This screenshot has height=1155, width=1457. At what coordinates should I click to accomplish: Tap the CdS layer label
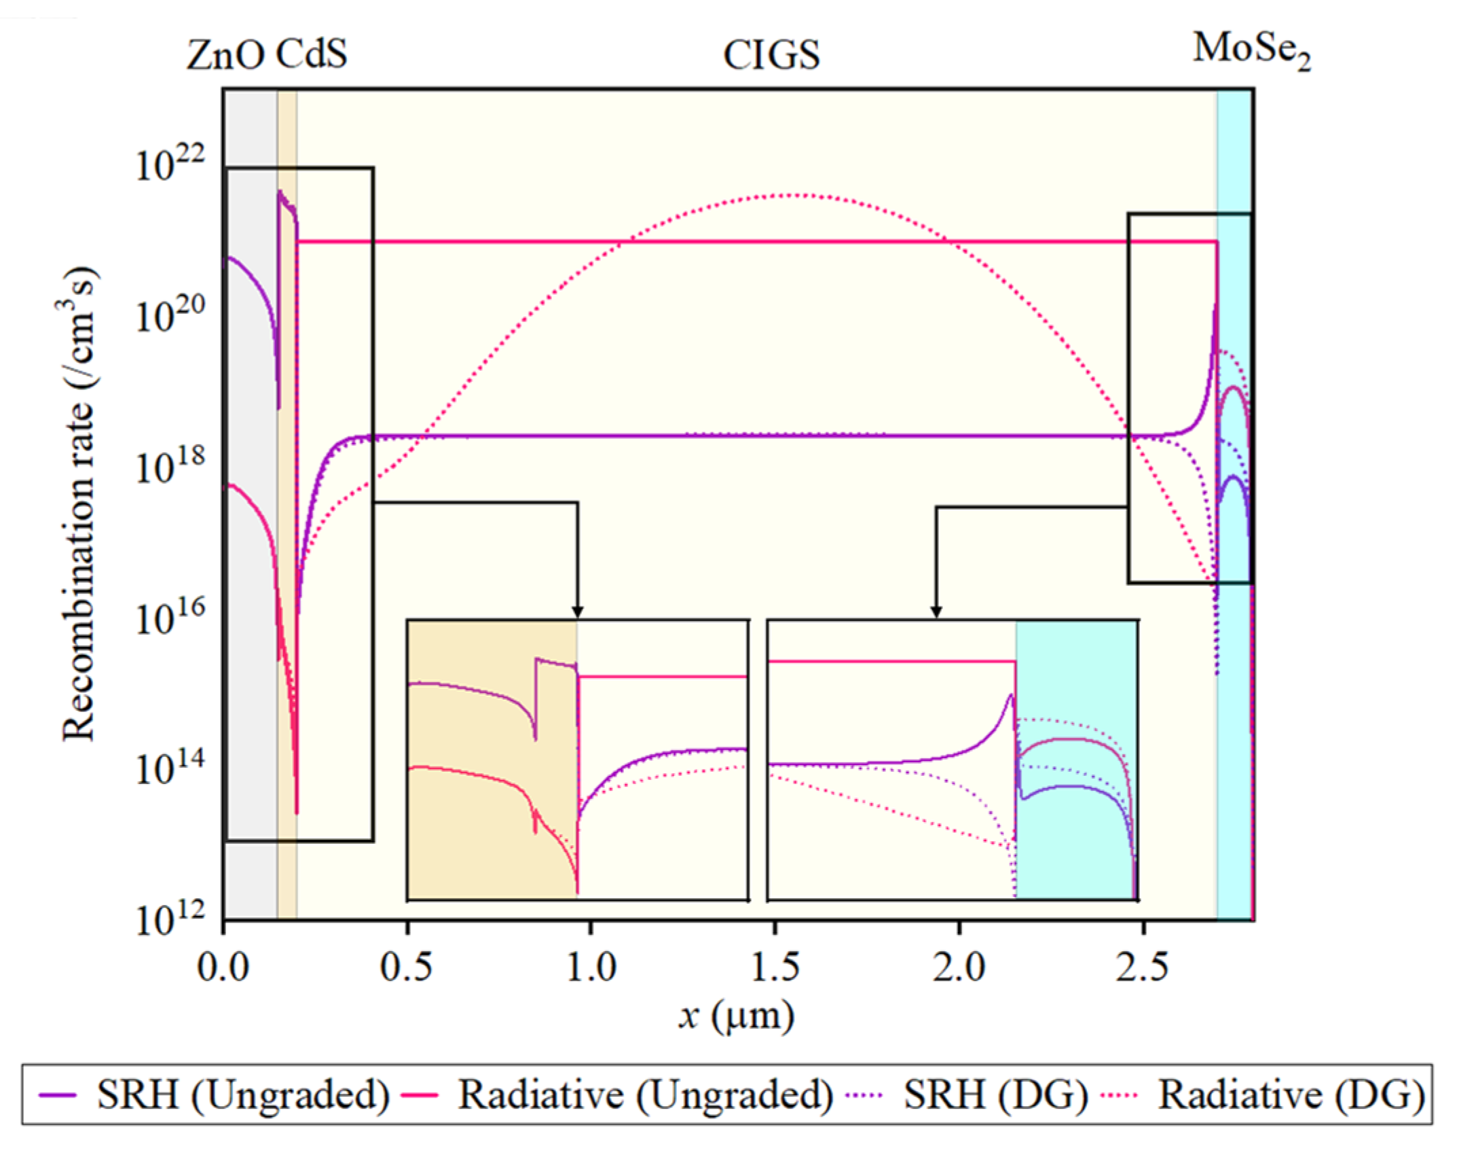[x=311, y=54]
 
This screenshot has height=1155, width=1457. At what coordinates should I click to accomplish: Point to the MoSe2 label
[x=1251, y=51]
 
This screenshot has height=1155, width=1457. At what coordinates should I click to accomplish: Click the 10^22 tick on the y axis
[x=170, y=164]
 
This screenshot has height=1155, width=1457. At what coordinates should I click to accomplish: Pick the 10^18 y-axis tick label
[x=170, y=466]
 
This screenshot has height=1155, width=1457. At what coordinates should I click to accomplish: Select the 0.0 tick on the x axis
[x=223, y=967]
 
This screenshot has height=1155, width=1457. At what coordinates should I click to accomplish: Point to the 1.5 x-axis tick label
[x=775, y=967]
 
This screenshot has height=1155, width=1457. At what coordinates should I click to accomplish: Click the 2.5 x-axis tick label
[x=1143, y=967]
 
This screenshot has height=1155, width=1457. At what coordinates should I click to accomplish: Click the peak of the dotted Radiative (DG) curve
[x=794, y=196]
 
